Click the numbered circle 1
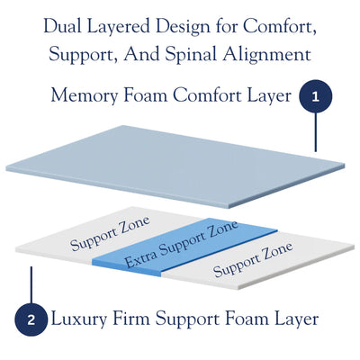(315, 96)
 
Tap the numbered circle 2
(31, 319)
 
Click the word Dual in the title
(63, 26)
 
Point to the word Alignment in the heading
(266, 55)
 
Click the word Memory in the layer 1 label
(85, 96)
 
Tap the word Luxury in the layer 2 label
(79, 319)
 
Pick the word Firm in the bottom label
(130, 319)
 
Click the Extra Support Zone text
(182, 244)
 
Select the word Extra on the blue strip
(140, 259)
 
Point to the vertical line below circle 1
(315, 132)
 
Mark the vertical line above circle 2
(31, 285)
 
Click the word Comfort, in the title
(280, 27)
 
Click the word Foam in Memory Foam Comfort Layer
(145, 96)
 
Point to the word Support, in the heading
(84, 56)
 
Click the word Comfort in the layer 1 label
(207, 96)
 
